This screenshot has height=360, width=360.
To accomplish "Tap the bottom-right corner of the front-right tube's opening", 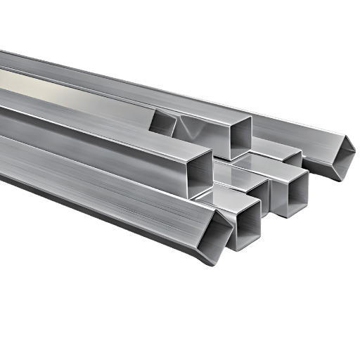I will point(307,207).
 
